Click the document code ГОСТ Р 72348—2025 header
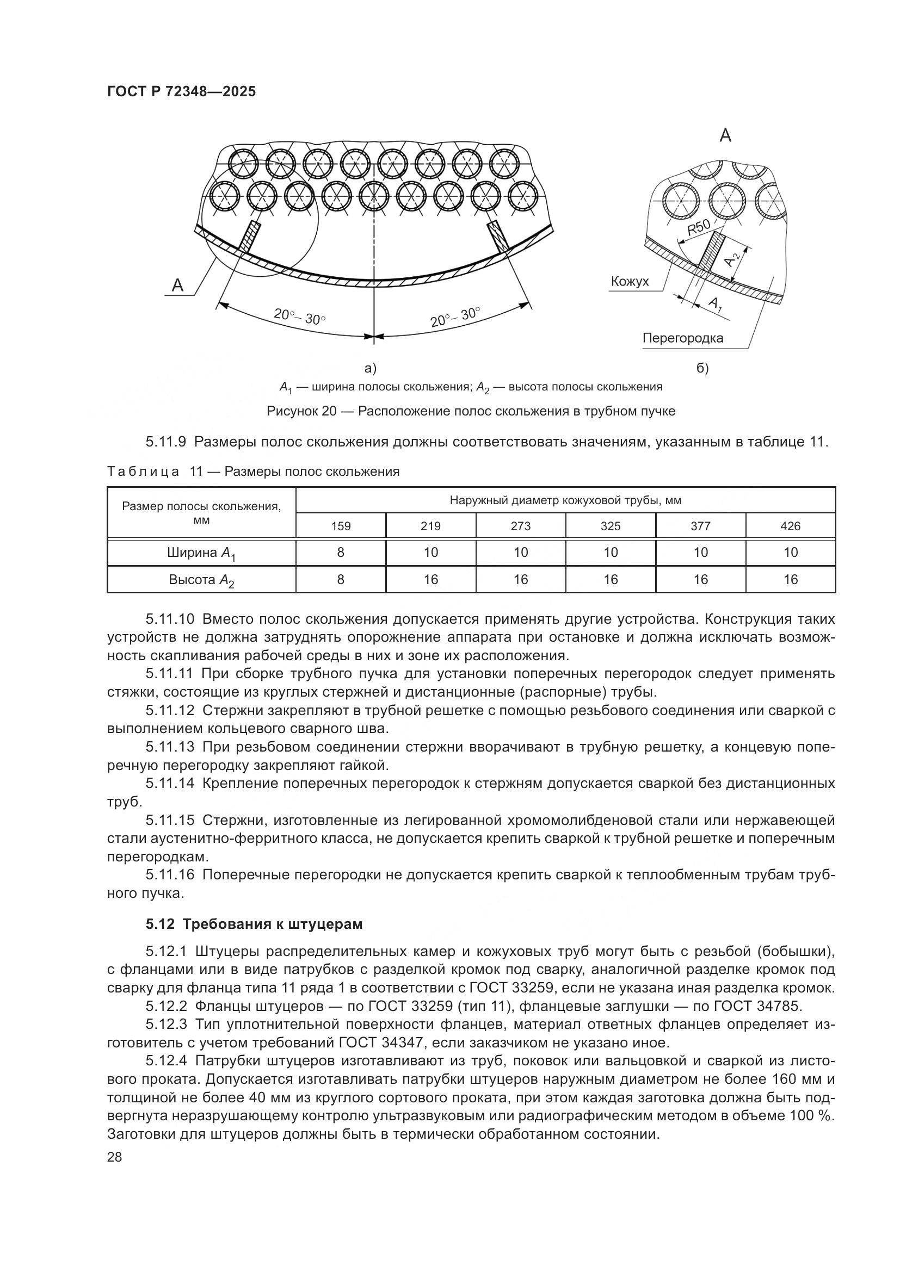tap(181, 92)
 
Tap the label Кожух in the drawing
tap(630, 282)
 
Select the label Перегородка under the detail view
tap(682, 338)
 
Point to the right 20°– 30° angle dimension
tap(454, 317)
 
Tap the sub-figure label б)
tap(702, 368)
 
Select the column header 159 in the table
tap(341, 526)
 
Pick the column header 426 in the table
tap(790, 526)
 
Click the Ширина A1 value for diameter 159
tap(341, 553)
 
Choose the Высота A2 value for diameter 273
tap(520, 580)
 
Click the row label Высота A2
tap(201, 580)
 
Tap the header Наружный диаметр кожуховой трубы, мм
tap(565, 501)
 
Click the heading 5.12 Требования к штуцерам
tap(254, 924)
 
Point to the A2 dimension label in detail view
tap(733, 258)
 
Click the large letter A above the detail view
tap(725, 135)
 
